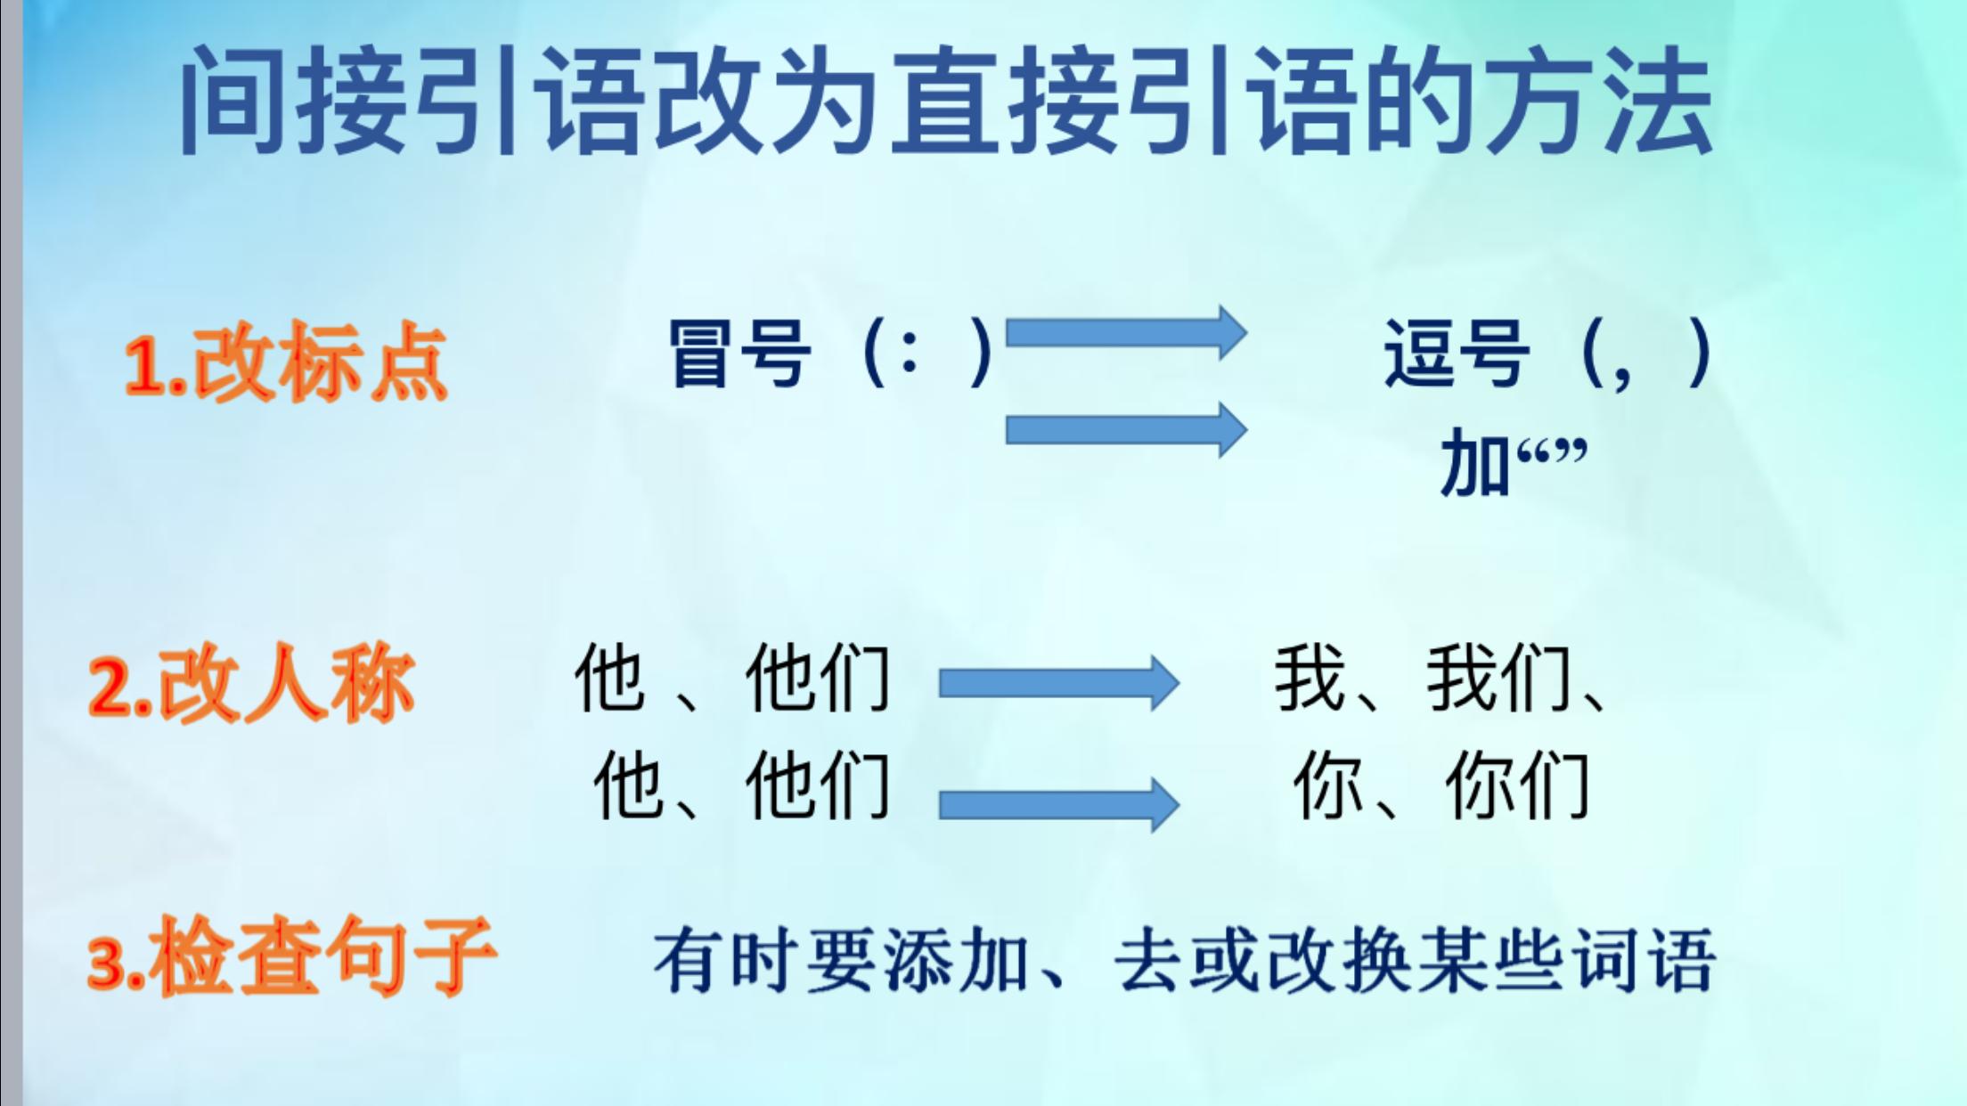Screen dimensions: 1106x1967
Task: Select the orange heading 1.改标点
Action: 285,361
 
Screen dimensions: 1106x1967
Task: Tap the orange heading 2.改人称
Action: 252,684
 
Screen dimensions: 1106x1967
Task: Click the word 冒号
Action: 740,354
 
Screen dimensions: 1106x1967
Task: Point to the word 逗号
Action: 1457,354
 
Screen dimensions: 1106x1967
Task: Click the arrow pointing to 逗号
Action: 1126,333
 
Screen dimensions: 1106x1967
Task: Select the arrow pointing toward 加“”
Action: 1126,430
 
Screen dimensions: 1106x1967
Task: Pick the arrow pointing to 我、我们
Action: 1059,683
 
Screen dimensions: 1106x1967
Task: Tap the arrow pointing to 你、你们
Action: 1059,804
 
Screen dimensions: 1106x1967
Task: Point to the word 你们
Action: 1517,785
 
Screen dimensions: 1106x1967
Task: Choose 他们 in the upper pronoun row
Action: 818,679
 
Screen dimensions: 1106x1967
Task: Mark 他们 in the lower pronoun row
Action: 818,785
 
